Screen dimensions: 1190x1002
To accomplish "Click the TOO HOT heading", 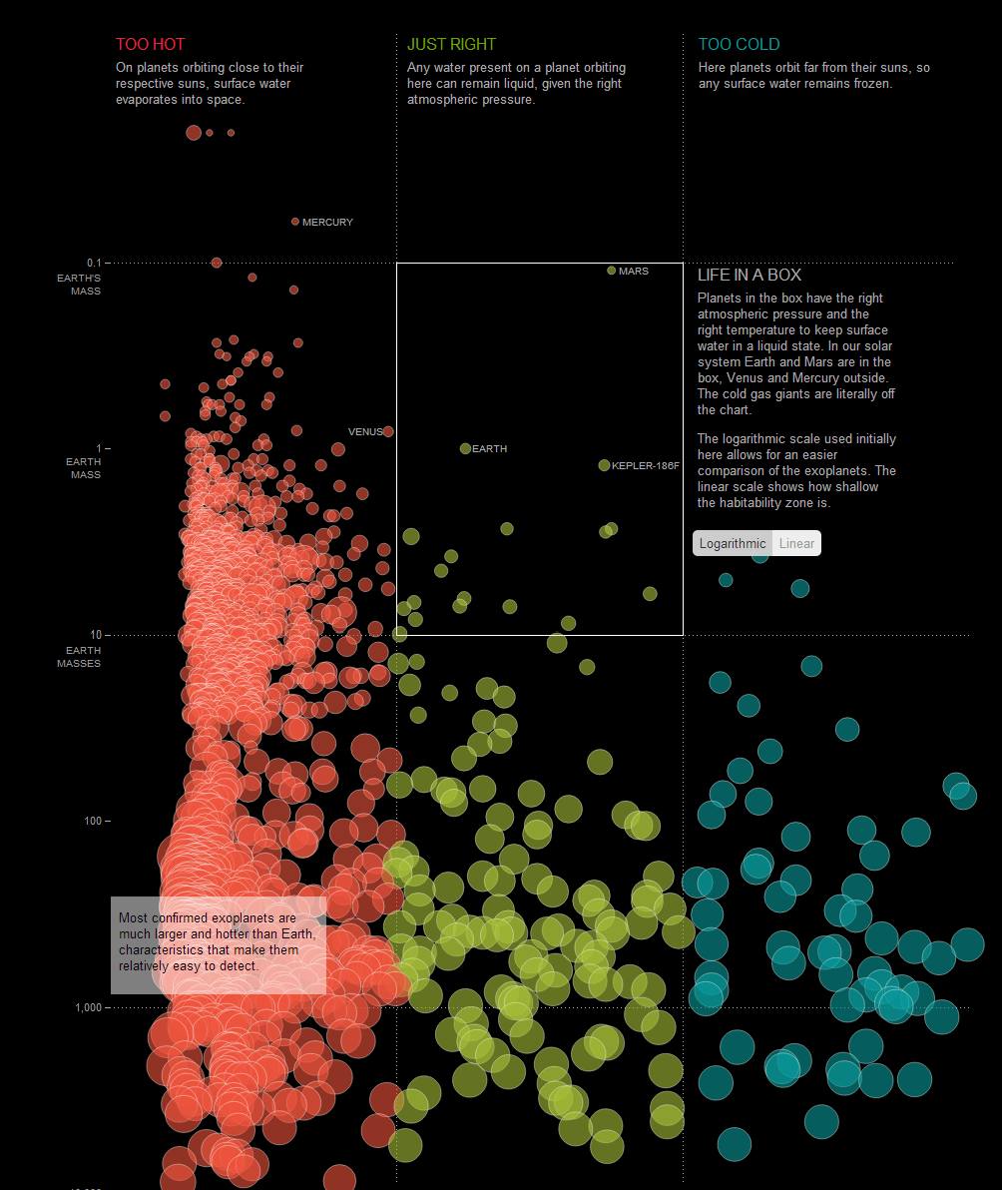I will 150,44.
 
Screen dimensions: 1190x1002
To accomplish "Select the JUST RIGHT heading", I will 451,44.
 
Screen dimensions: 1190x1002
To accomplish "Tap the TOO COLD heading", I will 739,44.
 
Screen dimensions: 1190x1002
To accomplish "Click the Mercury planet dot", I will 295,222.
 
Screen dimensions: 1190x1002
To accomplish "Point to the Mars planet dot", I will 612,271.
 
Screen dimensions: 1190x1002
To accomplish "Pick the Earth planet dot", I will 465,448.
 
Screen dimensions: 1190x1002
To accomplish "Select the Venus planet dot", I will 388,431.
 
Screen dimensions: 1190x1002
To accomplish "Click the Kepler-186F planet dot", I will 604,465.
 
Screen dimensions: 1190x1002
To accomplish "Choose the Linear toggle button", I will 796,543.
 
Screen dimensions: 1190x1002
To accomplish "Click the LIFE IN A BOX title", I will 749,276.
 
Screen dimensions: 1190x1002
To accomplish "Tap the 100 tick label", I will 92,821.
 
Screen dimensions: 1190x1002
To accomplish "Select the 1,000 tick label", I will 88,1007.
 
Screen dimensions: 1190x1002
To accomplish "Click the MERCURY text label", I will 327,223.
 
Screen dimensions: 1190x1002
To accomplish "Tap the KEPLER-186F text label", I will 645,466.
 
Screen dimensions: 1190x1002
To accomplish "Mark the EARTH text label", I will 489,449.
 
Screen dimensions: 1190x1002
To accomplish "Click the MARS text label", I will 634,272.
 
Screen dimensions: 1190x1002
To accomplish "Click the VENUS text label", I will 365,432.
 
